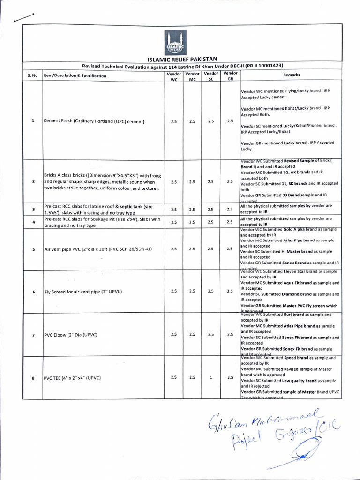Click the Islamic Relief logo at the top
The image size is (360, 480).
175,43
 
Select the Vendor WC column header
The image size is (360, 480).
173,76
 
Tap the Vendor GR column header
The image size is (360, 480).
230,76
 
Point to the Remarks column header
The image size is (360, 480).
292,75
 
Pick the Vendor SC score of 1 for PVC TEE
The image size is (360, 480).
211,377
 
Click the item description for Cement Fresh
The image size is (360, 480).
94,121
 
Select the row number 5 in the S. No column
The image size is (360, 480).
33,249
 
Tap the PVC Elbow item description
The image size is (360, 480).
70,335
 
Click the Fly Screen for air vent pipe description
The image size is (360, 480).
83,292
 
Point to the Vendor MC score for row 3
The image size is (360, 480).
192,210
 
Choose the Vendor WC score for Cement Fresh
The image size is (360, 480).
174,121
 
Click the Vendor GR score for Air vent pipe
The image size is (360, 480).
230,249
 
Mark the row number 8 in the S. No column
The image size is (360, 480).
33,378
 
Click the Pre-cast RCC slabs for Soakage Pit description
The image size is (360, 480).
102,222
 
